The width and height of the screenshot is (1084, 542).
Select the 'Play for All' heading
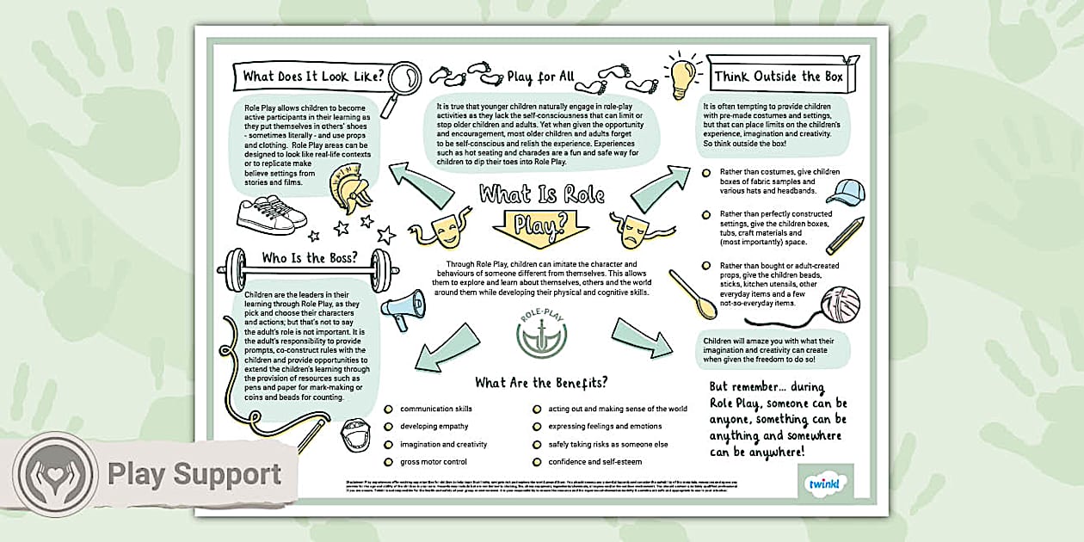(x=540, y=77)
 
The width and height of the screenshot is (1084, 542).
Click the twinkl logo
(x=827, y=484)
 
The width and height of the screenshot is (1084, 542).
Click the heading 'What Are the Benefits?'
(x=541, y=383)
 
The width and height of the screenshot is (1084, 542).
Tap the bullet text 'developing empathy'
(x=434, y=427)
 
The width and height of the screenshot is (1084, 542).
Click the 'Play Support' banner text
(x=194, y=475)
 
